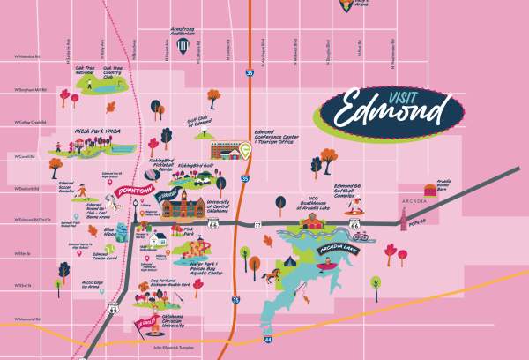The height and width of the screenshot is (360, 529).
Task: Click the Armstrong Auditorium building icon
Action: pos(182,47)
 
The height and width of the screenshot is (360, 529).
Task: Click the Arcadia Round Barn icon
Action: pos(430,188)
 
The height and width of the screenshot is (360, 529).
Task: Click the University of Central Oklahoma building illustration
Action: pos(182,210)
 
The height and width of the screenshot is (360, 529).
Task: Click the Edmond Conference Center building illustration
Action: pos(226,151)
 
